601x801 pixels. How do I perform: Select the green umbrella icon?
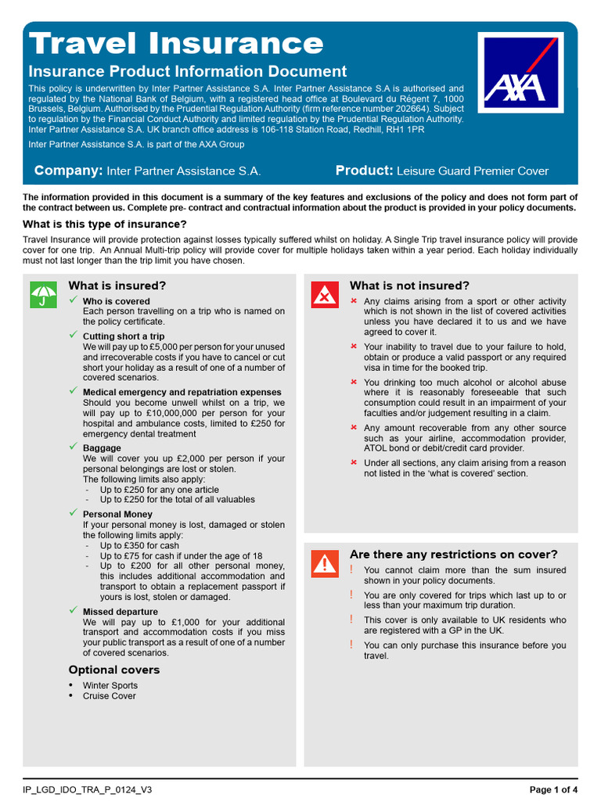tap(43, 295)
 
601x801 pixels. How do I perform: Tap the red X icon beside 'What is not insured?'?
tap(324, 295)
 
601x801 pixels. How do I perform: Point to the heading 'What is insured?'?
tap(117, 286)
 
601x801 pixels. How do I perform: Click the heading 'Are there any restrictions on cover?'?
tap(453, 555)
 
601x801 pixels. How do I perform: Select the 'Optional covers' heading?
tap(114, 670)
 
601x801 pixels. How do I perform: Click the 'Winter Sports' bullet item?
tap(110, 685)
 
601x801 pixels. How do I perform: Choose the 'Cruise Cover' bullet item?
tap(110, 695)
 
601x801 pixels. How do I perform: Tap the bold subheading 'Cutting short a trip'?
tap(124, 336)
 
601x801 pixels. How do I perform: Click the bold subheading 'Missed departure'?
tap(121, 612)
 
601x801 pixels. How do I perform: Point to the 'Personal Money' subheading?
tap(118, 514)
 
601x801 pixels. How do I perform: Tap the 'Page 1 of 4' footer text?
tap(554, 789)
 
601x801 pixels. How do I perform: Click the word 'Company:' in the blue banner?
tap(69, 171)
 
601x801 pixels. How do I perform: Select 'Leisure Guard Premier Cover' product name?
tap(473, 171)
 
